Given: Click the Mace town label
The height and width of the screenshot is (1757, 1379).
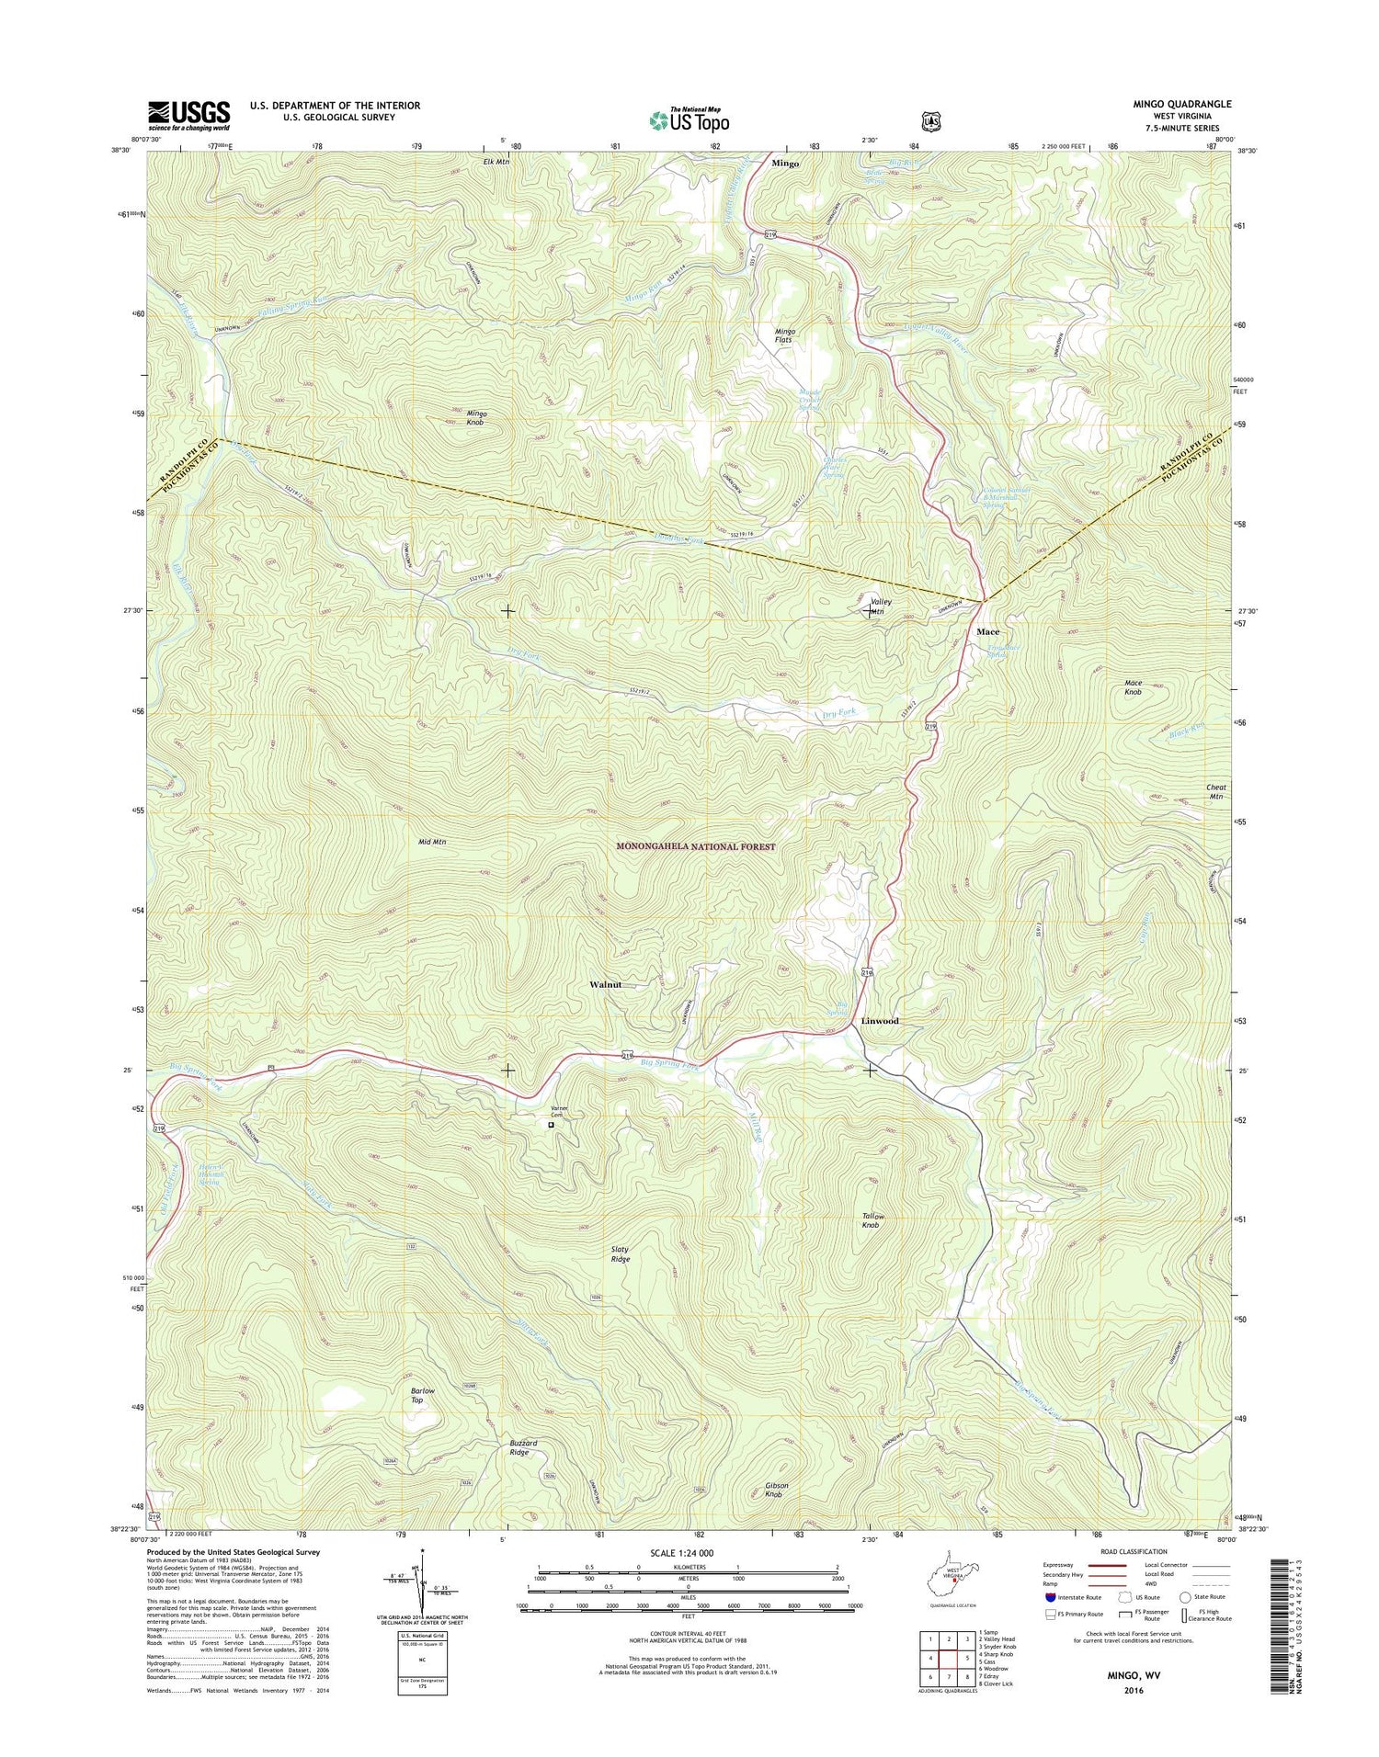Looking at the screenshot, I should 987,632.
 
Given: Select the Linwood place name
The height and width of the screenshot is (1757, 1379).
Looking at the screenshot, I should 880,1021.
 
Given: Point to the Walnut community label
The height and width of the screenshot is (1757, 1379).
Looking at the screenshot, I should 605,984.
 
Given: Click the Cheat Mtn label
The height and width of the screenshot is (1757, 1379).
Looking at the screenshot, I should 1215,791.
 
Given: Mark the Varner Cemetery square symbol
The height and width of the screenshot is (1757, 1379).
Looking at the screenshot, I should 551,1124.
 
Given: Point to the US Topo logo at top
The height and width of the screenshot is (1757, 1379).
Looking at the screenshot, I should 689,119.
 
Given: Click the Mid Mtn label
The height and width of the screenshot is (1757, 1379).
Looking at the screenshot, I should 432,841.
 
